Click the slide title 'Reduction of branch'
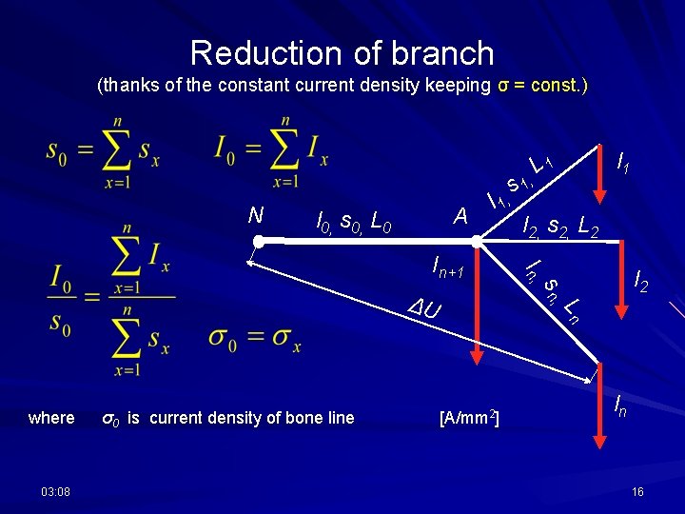342,52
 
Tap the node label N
255,215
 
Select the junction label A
460,217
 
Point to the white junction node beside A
481,245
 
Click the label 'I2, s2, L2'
562,226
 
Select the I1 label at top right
623,164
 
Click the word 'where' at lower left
51,418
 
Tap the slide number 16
637,490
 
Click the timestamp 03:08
48,490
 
